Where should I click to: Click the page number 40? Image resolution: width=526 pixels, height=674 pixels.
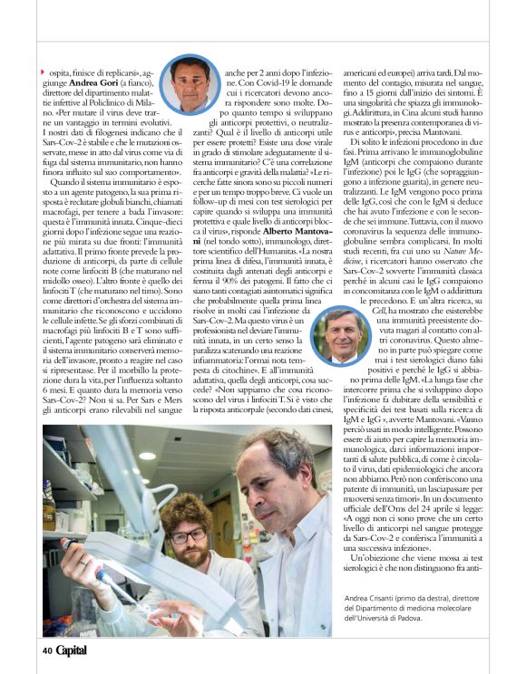point(45,649)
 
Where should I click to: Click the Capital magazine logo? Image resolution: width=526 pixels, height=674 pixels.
point(72,649)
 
